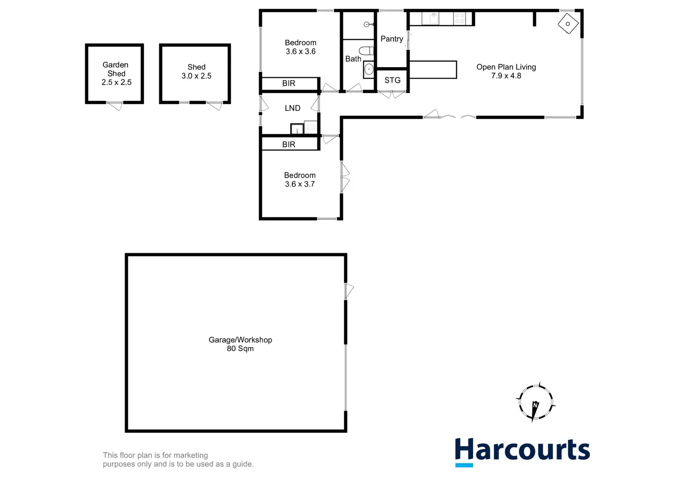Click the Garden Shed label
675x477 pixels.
point(116,69)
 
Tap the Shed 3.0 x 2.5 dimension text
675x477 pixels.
point(196,76)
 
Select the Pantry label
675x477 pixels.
point(392,39)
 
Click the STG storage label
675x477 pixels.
point(392,80)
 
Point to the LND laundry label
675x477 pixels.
point(292,108)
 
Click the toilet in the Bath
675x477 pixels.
point(366,50)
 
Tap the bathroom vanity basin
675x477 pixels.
point(369,69)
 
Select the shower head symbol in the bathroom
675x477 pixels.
point(367,24)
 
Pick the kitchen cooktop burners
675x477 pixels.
point(460,18)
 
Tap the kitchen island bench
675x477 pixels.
point(433,70)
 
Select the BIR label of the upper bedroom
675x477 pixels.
point(289,83)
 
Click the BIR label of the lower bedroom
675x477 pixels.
point(289,144)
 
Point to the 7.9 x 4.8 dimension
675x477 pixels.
point(506,76)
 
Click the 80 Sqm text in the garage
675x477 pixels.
point(240,348)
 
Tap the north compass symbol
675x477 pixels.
point(535,402)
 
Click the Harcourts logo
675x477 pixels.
point(522,451)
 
